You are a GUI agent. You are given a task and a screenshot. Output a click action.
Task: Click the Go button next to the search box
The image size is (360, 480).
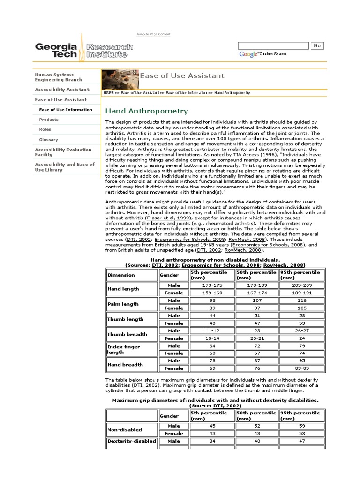(x=317, y=45)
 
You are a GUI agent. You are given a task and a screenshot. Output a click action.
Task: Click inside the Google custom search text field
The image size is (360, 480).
(x=273, y=45)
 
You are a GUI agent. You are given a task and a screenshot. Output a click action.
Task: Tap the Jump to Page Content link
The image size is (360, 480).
(x=153, y=34)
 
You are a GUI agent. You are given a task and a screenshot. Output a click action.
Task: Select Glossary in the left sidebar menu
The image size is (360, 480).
(x=49, y=140)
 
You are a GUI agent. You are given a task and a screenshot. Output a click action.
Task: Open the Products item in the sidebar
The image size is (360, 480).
(x=49, y=120)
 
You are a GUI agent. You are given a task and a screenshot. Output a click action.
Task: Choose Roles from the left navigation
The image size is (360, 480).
(x=45, y=129)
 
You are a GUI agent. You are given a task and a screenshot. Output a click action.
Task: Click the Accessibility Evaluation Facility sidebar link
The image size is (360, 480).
(x=63, y=152)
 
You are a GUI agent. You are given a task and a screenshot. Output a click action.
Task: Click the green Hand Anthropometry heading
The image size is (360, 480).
(x=147, y=111)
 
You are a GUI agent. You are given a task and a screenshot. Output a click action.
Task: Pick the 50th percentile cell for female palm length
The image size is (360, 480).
(x=256, y=308)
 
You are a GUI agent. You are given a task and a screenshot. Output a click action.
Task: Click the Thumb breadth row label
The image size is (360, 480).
(x=127, y=334)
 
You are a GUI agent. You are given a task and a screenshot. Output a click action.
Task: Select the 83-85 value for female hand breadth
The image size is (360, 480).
(x=302, y=368)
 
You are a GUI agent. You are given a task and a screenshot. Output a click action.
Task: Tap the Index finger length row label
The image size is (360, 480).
(x=124, y=350)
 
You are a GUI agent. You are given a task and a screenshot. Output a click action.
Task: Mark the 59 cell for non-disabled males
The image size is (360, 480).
(x=302, y=426)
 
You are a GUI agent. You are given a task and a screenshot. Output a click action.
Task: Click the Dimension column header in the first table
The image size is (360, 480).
(x=121, y=275)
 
